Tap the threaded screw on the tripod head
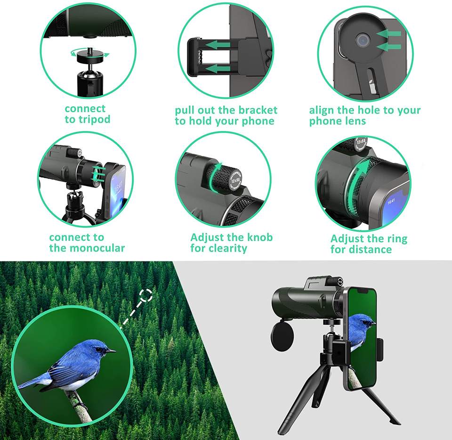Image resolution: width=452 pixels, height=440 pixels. pos(90,52)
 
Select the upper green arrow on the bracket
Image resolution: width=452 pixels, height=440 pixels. pos(218,45)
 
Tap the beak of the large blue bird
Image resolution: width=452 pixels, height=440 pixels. pos(111,351)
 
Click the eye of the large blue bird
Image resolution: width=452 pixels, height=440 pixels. pos(99,349)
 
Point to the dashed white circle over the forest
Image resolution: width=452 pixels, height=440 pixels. pos(146,296)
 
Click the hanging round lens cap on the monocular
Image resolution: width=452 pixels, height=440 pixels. pos(282,335)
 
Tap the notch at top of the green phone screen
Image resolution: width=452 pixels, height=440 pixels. pos(363,291)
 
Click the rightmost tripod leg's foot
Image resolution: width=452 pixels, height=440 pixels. pos(397,423)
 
